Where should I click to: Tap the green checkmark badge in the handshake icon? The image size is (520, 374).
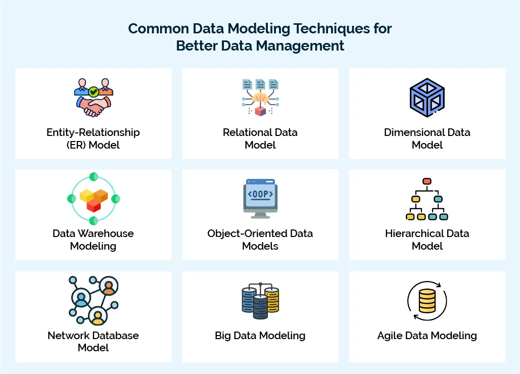93,92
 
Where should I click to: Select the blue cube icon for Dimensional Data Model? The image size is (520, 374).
427,98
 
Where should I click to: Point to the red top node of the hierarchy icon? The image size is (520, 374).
427,181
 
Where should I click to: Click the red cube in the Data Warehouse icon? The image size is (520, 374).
93,205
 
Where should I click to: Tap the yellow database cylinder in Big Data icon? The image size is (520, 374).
272,299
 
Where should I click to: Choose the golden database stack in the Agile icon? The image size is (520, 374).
427,302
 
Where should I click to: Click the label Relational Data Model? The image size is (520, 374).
260,138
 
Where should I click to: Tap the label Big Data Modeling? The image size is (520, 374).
260,335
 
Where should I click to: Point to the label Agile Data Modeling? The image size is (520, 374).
427,335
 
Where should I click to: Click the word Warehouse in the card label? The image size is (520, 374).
106,233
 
